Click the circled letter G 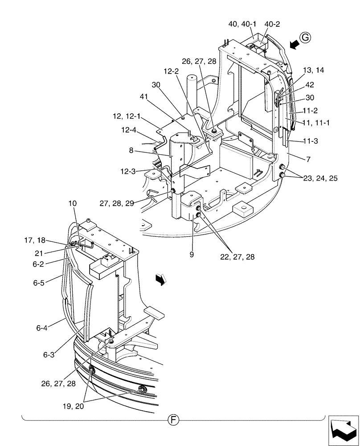305,39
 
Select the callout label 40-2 272,24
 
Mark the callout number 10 73,203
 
